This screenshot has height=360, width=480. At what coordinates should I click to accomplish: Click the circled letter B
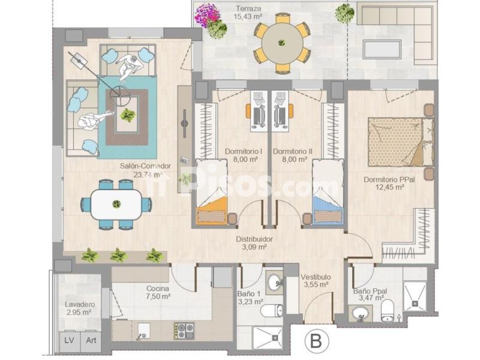coord(317,341)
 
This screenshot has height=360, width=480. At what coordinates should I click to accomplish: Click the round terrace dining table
coord(281,43)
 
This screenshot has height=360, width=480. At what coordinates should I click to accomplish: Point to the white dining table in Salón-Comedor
coord(116,204)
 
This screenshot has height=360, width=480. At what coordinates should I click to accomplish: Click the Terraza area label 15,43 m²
coord(248,17)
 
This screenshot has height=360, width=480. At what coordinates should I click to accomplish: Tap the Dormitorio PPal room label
coord(389,179)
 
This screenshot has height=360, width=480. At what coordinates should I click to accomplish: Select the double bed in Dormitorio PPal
coord(401,142)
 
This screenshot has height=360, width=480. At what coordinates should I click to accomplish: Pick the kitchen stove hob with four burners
coord(184,331)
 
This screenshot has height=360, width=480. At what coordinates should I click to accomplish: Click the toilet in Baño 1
coord(272,311)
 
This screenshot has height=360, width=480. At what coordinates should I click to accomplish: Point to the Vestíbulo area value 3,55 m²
coord(316,284)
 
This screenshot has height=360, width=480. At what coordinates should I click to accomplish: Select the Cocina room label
coord(158,289)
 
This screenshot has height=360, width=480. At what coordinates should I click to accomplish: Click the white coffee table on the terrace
coord(382,49)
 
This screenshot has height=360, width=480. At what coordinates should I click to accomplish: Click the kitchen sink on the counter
coord(144,331)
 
